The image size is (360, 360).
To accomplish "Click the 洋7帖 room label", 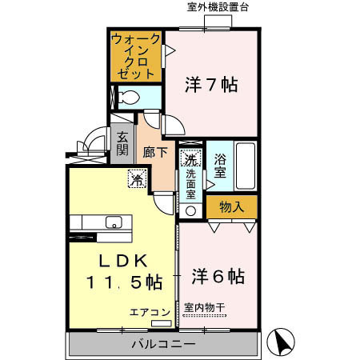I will [x=211, y=84].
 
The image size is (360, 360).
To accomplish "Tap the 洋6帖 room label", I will [x=218, y=277].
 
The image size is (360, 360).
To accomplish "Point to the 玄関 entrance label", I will [x=122, y=143].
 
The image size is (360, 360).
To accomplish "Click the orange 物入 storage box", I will [x=232, y=206].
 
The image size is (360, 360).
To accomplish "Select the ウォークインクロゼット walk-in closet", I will [x=135, y=54].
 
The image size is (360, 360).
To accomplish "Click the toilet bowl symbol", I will [x=127, y=98].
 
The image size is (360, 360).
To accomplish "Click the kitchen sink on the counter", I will [x=112, y=222].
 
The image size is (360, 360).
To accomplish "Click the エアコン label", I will [x=150, y=312].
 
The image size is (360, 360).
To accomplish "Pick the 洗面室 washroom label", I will [x=191, y=183].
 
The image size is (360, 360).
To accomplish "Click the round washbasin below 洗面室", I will [x=190, y=211].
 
